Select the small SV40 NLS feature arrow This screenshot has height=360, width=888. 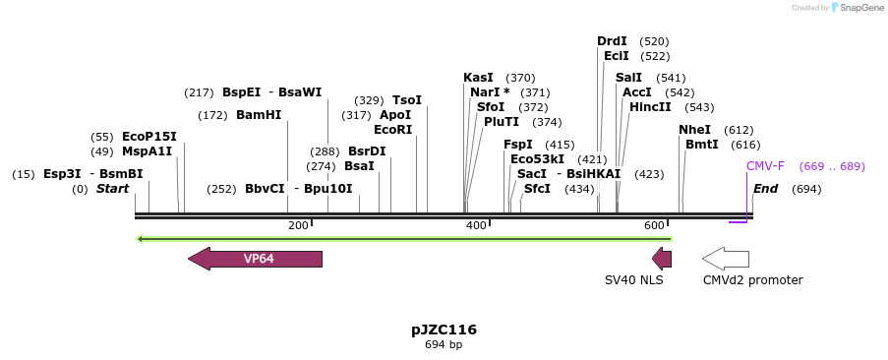click(663, 259)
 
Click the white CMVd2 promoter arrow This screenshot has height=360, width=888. click(726, 259)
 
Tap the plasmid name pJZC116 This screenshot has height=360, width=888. click(444, 330)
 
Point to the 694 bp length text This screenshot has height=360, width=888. click(444, 345)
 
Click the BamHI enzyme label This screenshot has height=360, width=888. click(259, 115)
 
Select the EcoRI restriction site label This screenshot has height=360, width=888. click(393, 129)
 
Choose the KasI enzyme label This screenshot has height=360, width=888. click(478, 78)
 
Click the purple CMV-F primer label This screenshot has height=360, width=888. click(765, 166)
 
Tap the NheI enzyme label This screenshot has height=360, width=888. click(694, 130)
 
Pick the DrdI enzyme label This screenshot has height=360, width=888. click(612, 41)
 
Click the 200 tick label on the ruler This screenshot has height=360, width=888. click(298, 226)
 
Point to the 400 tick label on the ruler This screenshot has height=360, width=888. click(476, 226)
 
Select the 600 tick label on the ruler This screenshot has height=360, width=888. click(655, 226)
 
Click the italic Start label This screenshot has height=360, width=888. click(112, 189)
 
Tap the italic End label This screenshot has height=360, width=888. click(766, 189)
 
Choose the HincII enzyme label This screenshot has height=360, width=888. click(650, 107)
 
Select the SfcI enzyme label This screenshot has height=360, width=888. click(537, 189)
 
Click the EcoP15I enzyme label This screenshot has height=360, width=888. click(149, 137)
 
